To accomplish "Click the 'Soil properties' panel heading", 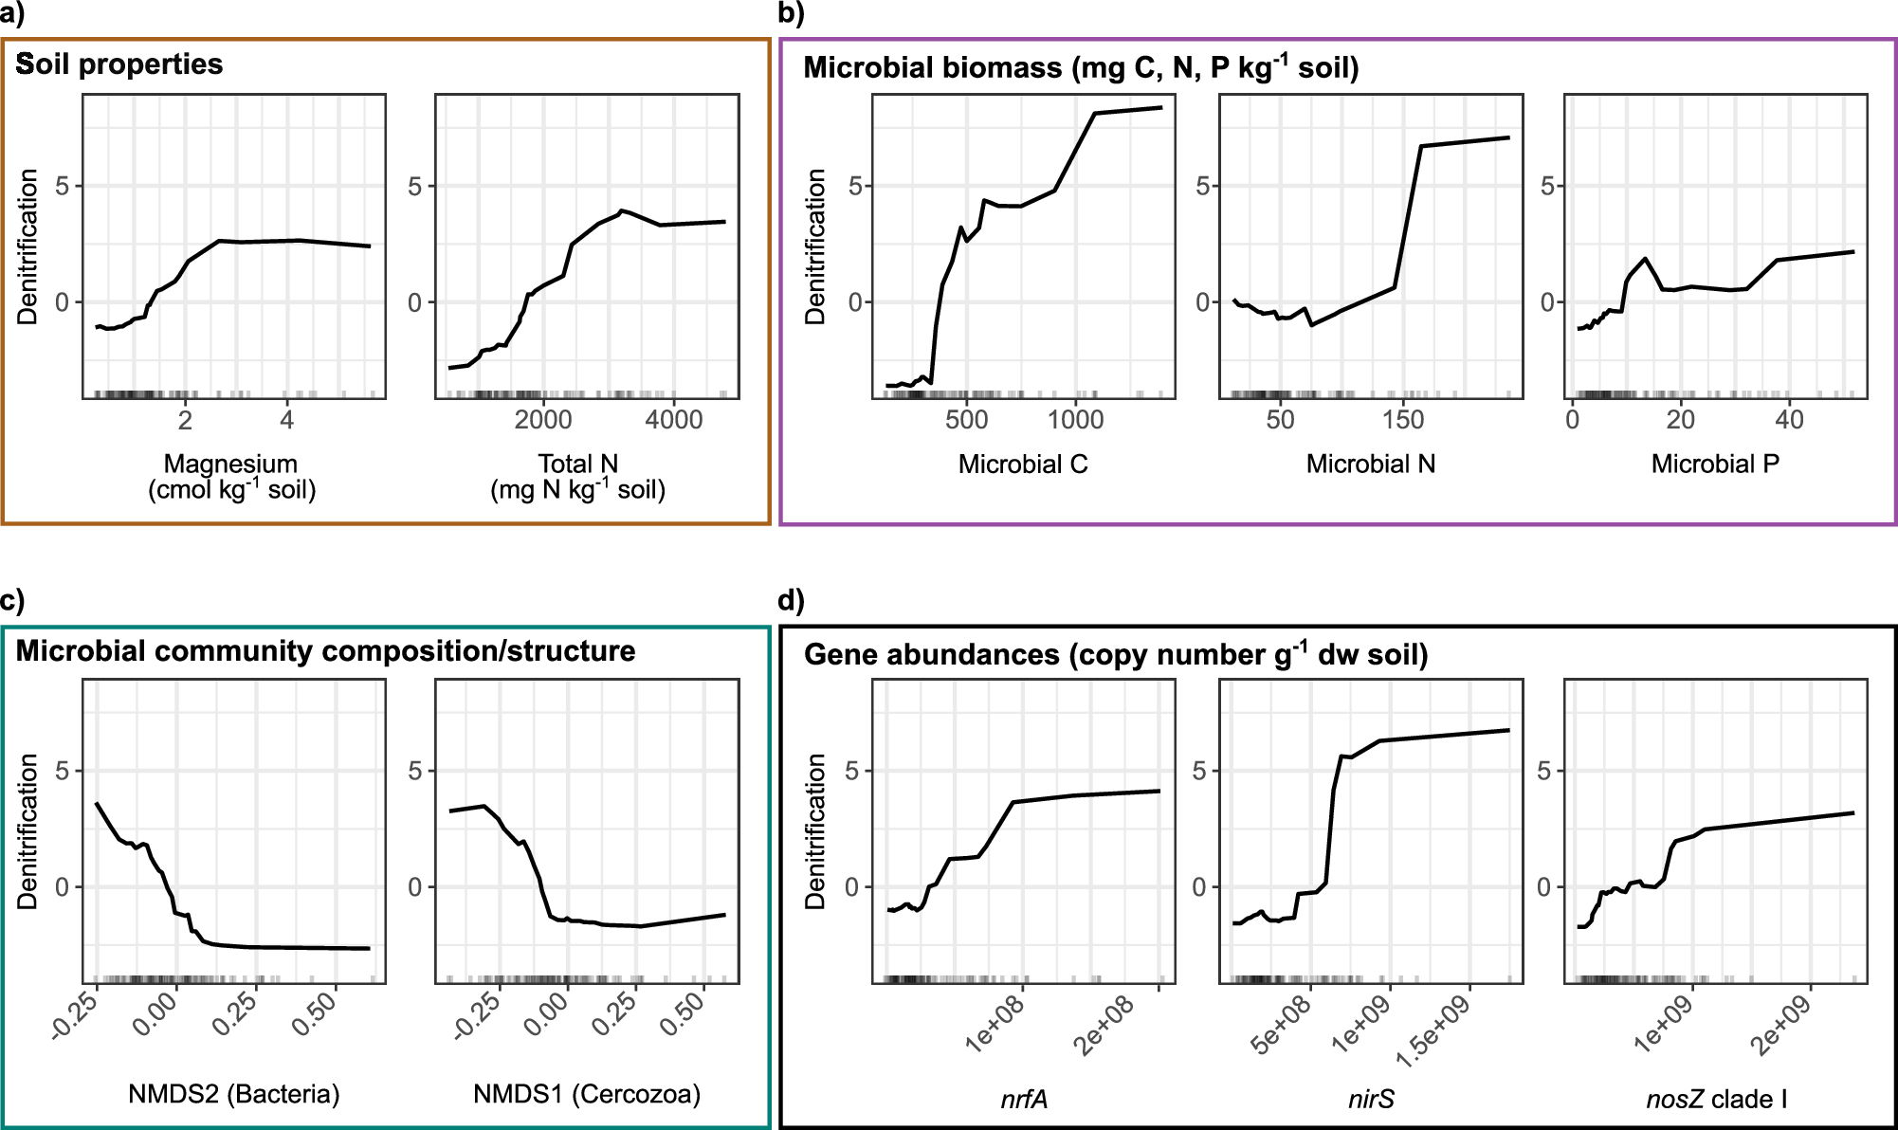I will click(119, 64).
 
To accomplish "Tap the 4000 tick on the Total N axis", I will click(673, 419).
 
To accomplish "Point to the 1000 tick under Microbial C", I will click(1075, 419).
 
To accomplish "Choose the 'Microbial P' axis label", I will click(1715, 464).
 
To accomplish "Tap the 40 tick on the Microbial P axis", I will click(1789, 419).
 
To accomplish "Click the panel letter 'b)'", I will click(791, 13).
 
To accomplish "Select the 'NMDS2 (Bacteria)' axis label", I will click(233, 1094).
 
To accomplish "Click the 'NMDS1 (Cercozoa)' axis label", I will click(587, 1094).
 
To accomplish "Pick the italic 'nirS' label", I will click(1371, 1099).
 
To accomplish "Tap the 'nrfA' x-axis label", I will click(1024, 1099).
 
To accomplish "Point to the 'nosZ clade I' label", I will click(1716, 1099).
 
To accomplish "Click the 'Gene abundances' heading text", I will click(1115, 655).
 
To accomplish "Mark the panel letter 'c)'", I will click(12, 600).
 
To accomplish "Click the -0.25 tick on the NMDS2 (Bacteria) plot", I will click(76, 1015).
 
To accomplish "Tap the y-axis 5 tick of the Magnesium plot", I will click(63, 186).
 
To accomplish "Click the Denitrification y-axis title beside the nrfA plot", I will click(815, 831).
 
